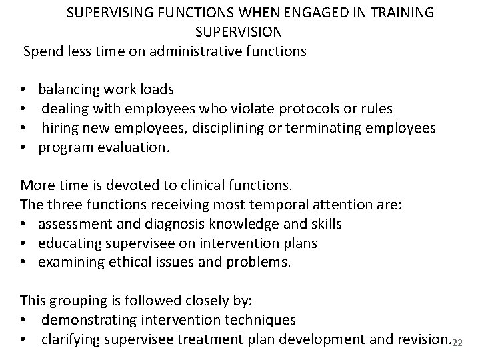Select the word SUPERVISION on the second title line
coord(239,31)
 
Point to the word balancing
coord(70,89)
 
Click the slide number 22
coord(457,343)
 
